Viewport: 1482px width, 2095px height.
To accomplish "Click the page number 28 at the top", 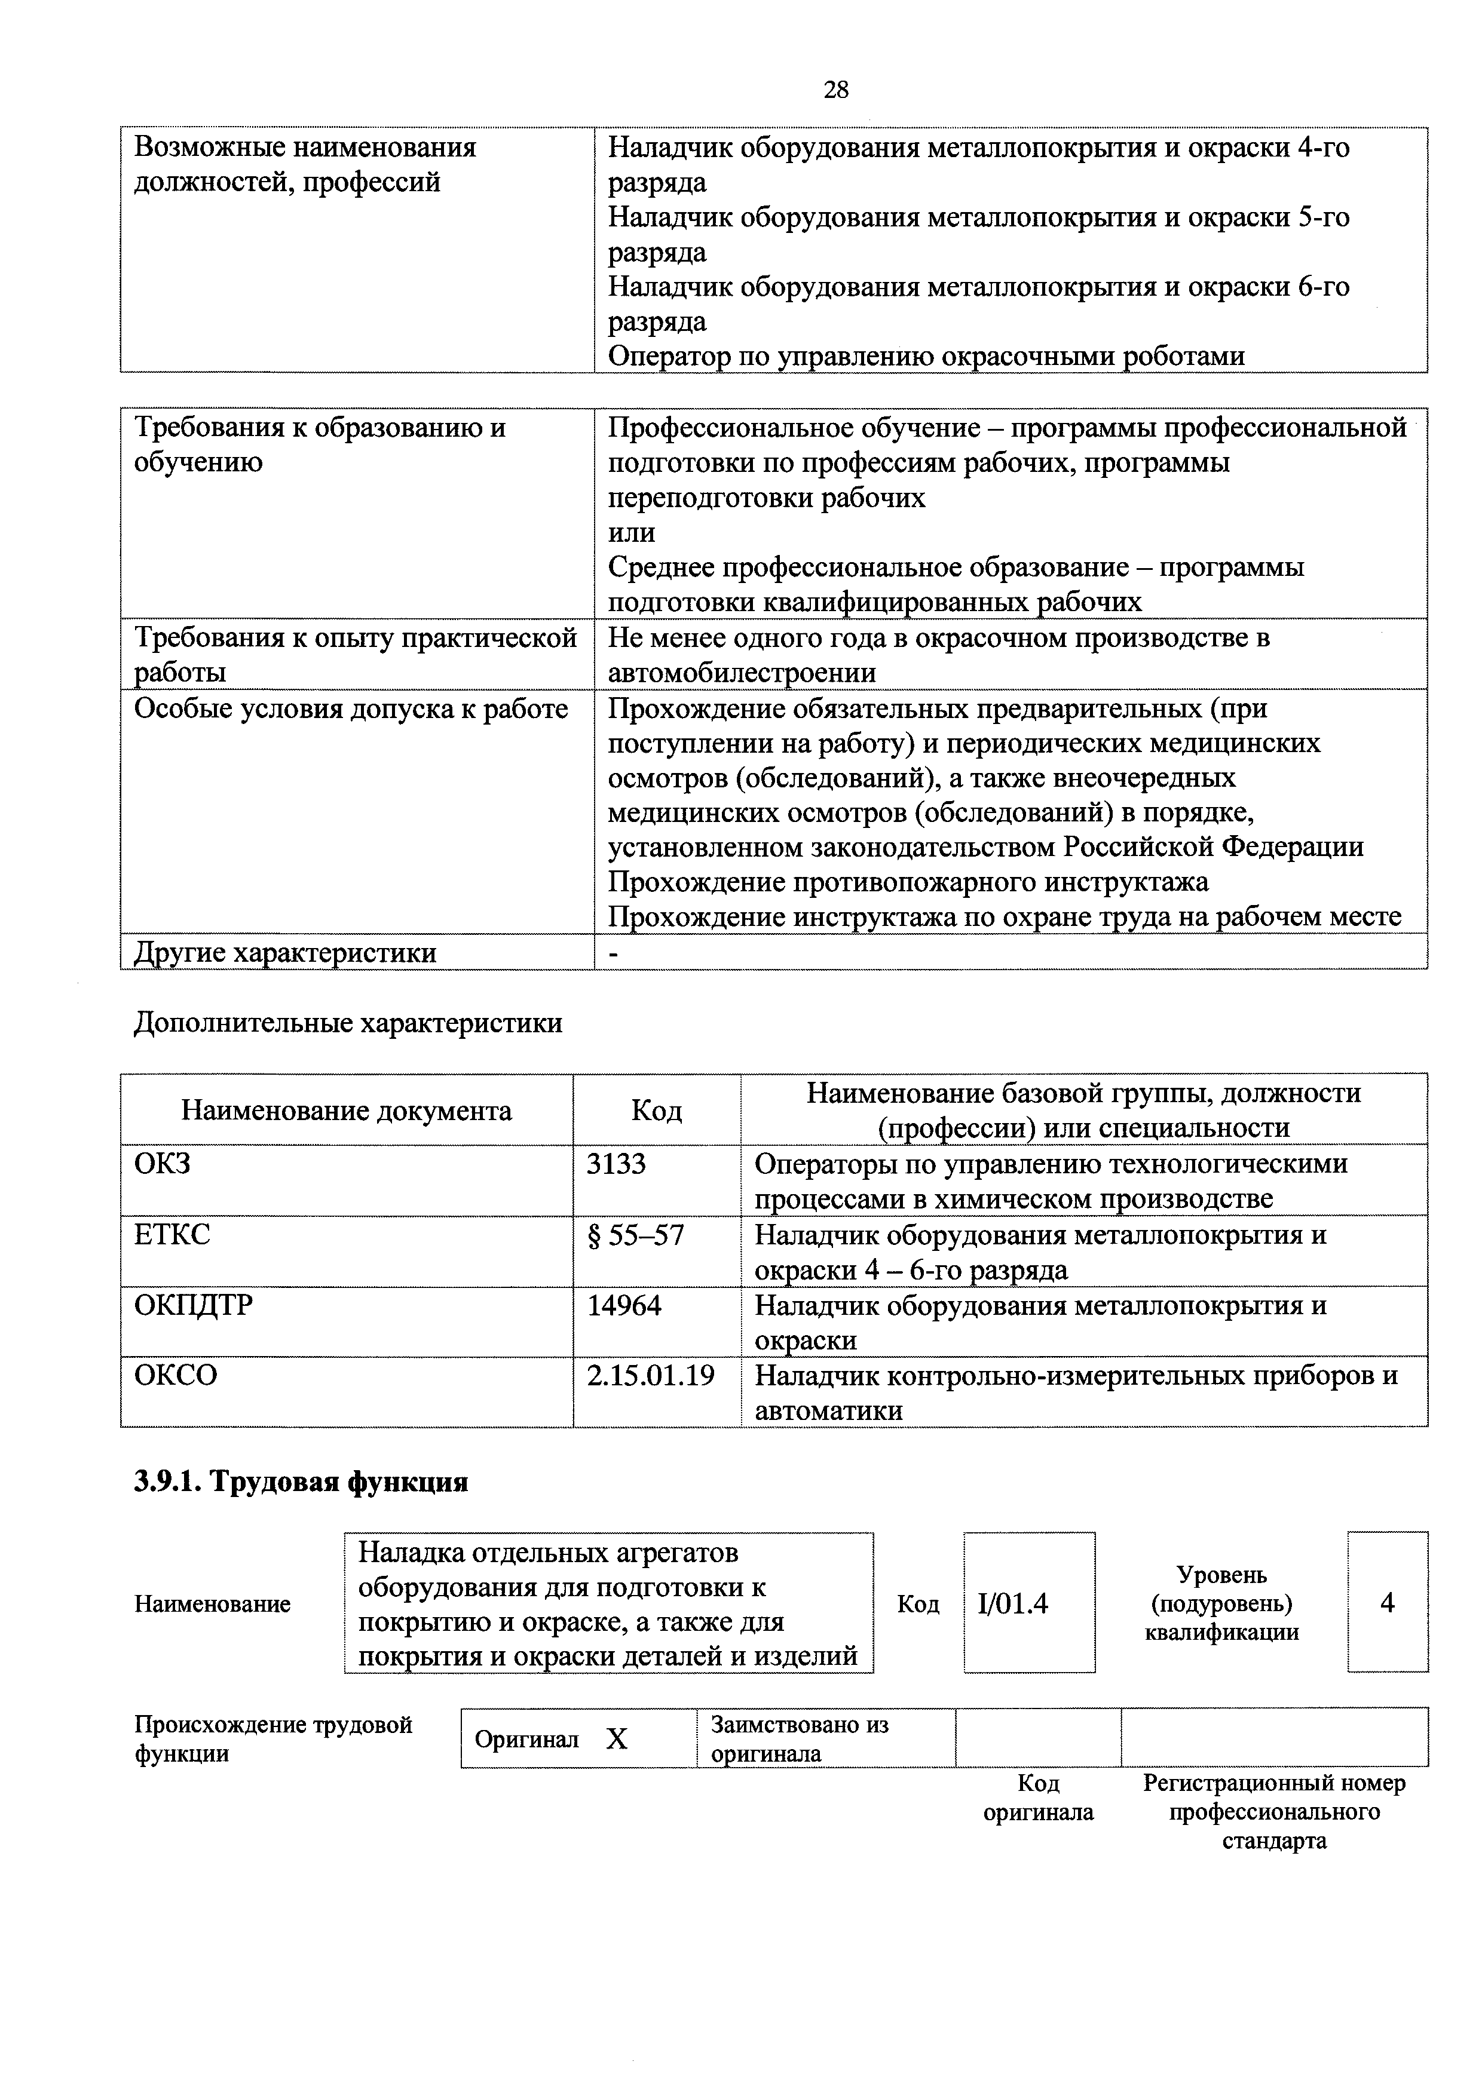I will click(835, 90).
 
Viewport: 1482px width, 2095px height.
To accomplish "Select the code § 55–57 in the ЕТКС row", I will click(635, 1235).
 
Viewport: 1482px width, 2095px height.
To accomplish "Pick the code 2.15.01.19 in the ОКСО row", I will click(651, 1375).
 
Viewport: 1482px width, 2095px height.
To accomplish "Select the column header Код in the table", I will click(656, 1111).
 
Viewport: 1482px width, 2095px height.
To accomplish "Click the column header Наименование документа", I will click(347, 1111).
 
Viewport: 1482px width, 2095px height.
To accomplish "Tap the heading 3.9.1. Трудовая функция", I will click(301, 1483).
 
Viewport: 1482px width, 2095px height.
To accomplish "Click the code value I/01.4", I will click(1013, 1604).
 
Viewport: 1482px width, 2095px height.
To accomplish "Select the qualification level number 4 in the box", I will click(1387, 1603).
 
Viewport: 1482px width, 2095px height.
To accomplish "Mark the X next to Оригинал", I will click(618, 1739).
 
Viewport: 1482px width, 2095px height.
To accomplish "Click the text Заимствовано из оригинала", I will click(800, 1738).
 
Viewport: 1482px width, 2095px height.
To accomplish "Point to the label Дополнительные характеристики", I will click(348, 1023).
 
